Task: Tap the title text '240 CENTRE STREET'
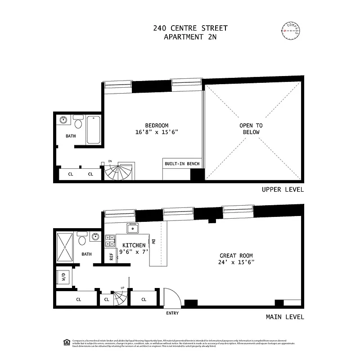(190, 28)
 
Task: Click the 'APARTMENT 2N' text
(190, 37)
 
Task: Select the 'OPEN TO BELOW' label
(252, 129)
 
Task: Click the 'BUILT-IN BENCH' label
(182, 164)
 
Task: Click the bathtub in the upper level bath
(94, 130)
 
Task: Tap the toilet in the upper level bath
(78, 124)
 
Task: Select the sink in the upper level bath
(63, 121)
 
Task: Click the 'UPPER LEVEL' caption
(283, 189)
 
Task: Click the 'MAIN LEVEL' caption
(285, 317)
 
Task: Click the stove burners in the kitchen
(110, 241)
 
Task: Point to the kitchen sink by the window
(133, 229)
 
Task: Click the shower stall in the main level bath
(65, 247)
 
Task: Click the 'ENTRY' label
(172, 313)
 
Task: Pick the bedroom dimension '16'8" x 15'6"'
(157, 132)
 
